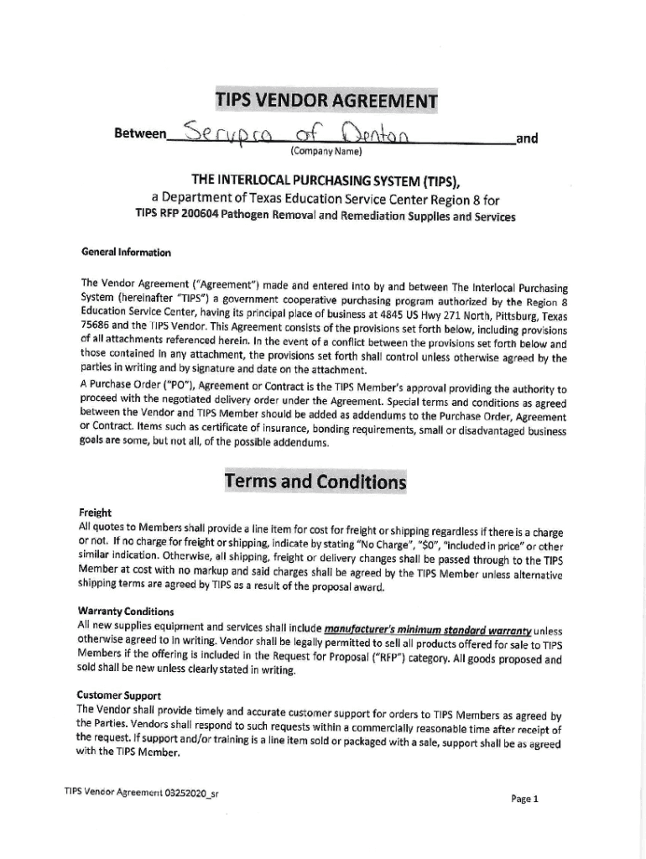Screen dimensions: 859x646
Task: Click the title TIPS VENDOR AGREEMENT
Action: tap(326, 102)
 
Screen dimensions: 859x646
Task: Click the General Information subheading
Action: tap(126, 252)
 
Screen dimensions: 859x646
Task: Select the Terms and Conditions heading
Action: tap(315, 482)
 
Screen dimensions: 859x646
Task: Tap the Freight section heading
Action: tap(95, 513)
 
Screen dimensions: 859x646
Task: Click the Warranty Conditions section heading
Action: tap(126, 611)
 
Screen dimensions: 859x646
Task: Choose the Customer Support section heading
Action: tap(119, 695)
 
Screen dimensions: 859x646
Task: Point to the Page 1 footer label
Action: tap(524, 799)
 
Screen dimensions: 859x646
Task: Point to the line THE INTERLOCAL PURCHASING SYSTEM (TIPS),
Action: tap(326, 180)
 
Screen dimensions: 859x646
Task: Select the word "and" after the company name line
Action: tap(526, 138)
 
